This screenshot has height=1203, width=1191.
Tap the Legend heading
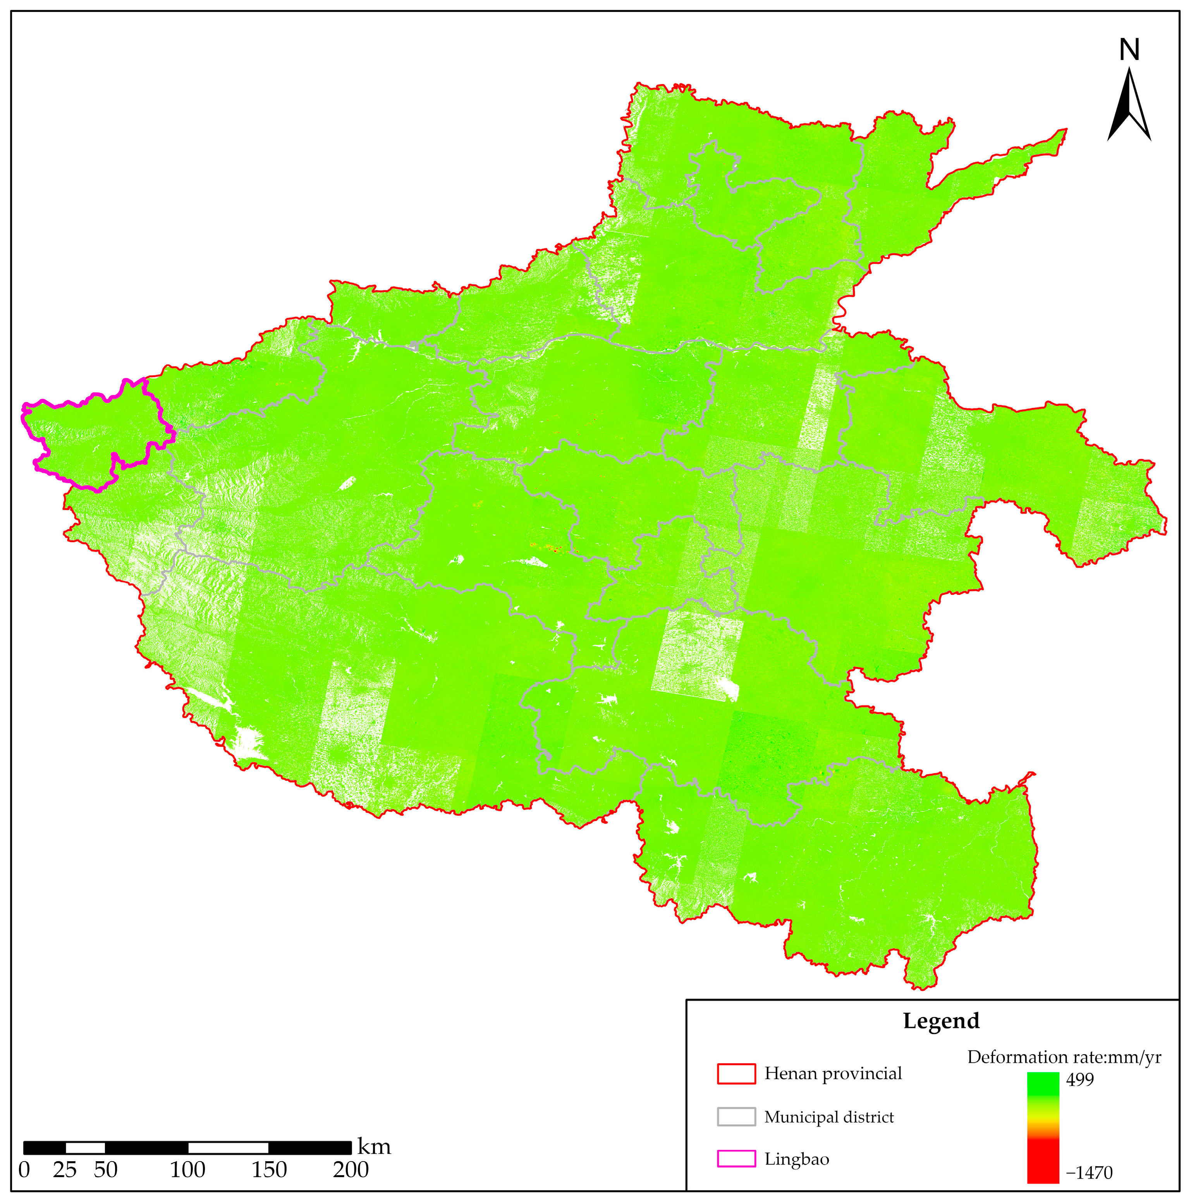pyautogui.click(x=941, y=1021)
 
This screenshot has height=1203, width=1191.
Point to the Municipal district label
pyautogui.click(x=828, y=1117)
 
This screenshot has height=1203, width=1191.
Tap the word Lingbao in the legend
pyautogui.click(x=797, y=1159)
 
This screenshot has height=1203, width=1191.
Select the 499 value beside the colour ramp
pyautogui.click(x=1079, y=1079)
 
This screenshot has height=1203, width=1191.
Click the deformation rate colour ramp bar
pyautogui.click(x=1043, y=1127)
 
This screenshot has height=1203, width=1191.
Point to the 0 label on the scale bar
pyautogui.click(x=24, y=1170)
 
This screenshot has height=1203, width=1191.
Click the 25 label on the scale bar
pyautogui.click(x=65, y=1170)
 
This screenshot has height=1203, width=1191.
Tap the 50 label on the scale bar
pyautogui.click(x=106, y=1170)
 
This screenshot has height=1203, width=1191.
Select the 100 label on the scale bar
pyautogui.click(x=187, y=1170)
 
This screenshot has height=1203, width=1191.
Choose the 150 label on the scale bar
pyautogui.click(x=269, y=1170)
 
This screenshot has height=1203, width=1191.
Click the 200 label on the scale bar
pyautogui.click(x=351, y=1170)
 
